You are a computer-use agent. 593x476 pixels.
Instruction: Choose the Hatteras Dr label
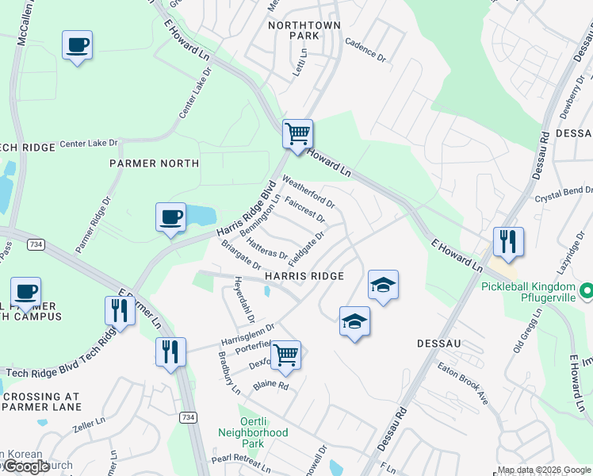pos(266,248)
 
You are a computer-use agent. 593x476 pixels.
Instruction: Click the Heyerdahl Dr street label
pos(243,300)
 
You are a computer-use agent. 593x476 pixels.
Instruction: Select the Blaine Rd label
pos(270,386)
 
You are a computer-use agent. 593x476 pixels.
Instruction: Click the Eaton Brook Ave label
pos(463,386)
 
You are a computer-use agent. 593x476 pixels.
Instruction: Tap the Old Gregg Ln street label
pos(525,332)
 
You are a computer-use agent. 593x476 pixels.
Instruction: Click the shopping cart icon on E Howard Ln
pos(297,134)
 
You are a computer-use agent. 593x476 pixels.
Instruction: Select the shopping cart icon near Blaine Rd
pos(285,355)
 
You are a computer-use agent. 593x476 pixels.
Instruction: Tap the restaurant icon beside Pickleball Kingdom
pos(508,241)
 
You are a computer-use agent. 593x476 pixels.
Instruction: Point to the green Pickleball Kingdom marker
pos(586,292)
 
